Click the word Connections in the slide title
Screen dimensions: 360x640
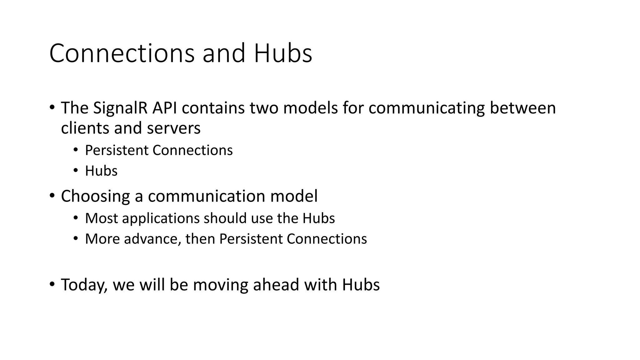point(122,53)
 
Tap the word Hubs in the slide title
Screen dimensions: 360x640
point(283,53)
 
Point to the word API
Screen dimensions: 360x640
point(164,108)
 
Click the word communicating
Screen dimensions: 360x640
point(427,108)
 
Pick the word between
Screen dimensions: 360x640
point(523,108)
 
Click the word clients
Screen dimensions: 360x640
point(85,128)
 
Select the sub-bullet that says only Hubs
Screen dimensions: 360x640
point(101,171)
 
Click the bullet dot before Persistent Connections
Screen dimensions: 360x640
point(75,150)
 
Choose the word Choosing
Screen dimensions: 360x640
point(96,197)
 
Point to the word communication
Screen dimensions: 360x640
point(206,197)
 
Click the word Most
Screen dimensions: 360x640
point(101,218)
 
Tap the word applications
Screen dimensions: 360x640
point(161,219)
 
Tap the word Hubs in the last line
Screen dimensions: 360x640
point(361,285)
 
